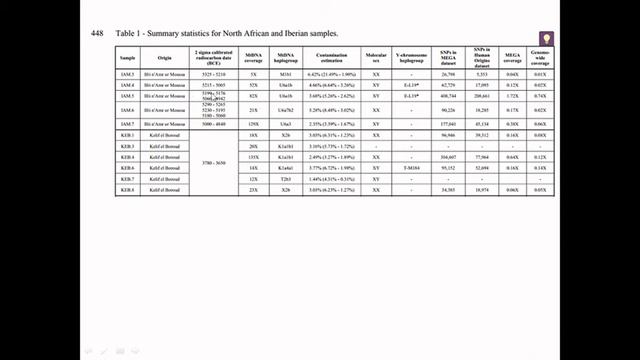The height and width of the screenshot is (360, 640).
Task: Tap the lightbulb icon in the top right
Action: coord(546,39)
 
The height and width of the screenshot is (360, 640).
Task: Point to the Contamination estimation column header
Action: coord(333,58)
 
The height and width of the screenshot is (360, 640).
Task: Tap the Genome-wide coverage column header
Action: coord(541,58)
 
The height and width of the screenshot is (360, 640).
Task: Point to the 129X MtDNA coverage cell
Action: coord(255,124)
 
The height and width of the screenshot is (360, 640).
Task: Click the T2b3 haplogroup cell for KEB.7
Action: coord(286,178)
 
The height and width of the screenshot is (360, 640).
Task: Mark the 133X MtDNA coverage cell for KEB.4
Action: coord(255,157)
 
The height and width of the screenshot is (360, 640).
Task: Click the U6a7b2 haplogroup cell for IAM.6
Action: coord(286,111)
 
